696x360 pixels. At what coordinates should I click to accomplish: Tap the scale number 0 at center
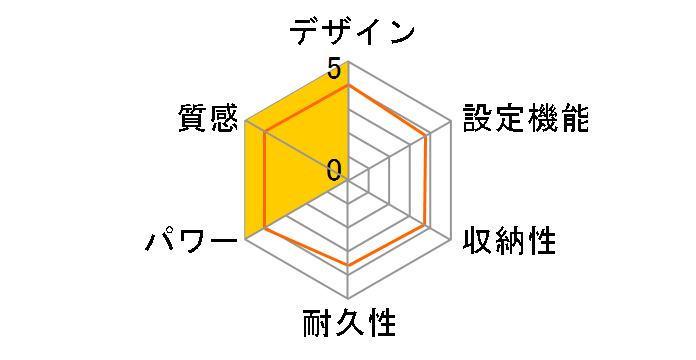pos(334,169)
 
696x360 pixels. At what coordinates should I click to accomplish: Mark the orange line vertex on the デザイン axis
pos(348,86)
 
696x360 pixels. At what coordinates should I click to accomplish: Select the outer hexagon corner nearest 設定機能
pos(451,121)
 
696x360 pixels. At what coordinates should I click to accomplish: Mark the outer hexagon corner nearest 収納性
pos(451,240)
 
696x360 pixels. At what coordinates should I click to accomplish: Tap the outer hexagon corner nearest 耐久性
pos(348,299)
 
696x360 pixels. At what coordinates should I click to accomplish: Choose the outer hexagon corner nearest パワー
pos(245,240)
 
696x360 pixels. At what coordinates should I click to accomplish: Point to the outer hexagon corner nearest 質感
pos(245,121)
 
